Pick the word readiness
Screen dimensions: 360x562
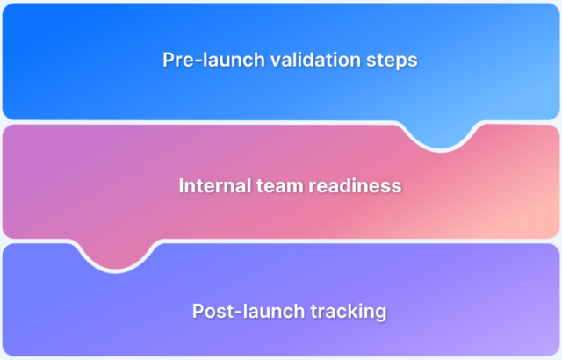pos(354,186)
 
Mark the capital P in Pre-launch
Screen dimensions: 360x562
pos(169,61)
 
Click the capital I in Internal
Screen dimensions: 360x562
pos(181,186)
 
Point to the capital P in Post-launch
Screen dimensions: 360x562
pos(197,312)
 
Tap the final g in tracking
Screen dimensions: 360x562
pos(381,313)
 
